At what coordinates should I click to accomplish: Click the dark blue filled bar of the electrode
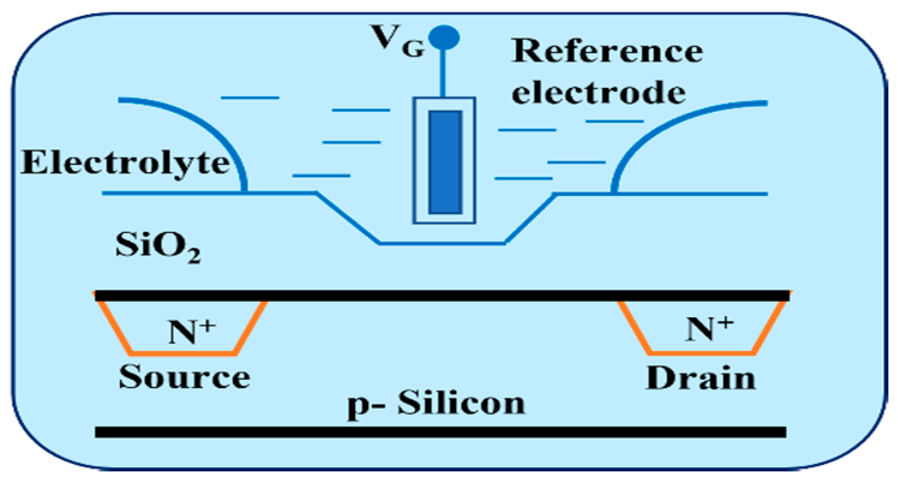click(445, 162)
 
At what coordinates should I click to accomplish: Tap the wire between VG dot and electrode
click(444, 72)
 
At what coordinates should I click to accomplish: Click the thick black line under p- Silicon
click(441, 432)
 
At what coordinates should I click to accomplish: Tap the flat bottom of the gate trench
click(442, 243)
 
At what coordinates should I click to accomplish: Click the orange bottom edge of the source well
click(183, 352)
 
